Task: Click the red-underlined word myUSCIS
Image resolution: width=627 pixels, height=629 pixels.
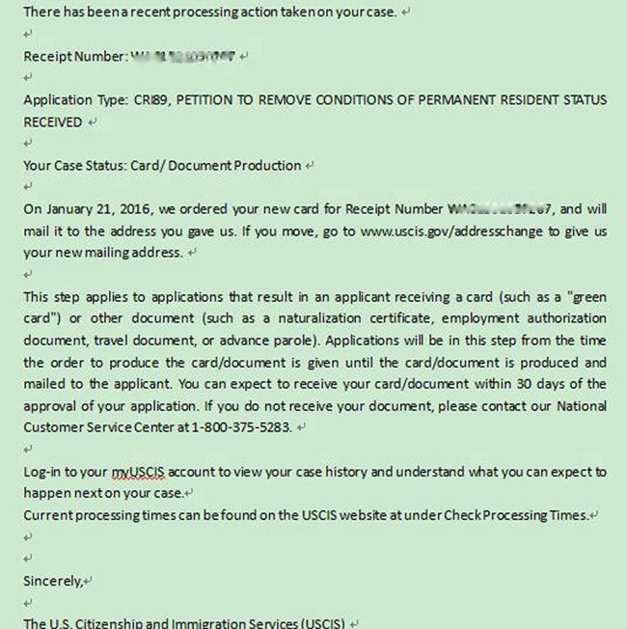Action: (x=141, y=472)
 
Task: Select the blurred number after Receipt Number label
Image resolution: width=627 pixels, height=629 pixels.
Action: (x=183, y=57)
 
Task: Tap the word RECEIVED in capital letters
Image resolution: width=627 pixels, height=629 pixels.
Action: (x=52, y=123)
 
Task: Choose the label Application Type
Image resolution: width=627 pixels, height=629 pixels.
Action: (x=73, y=100)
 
